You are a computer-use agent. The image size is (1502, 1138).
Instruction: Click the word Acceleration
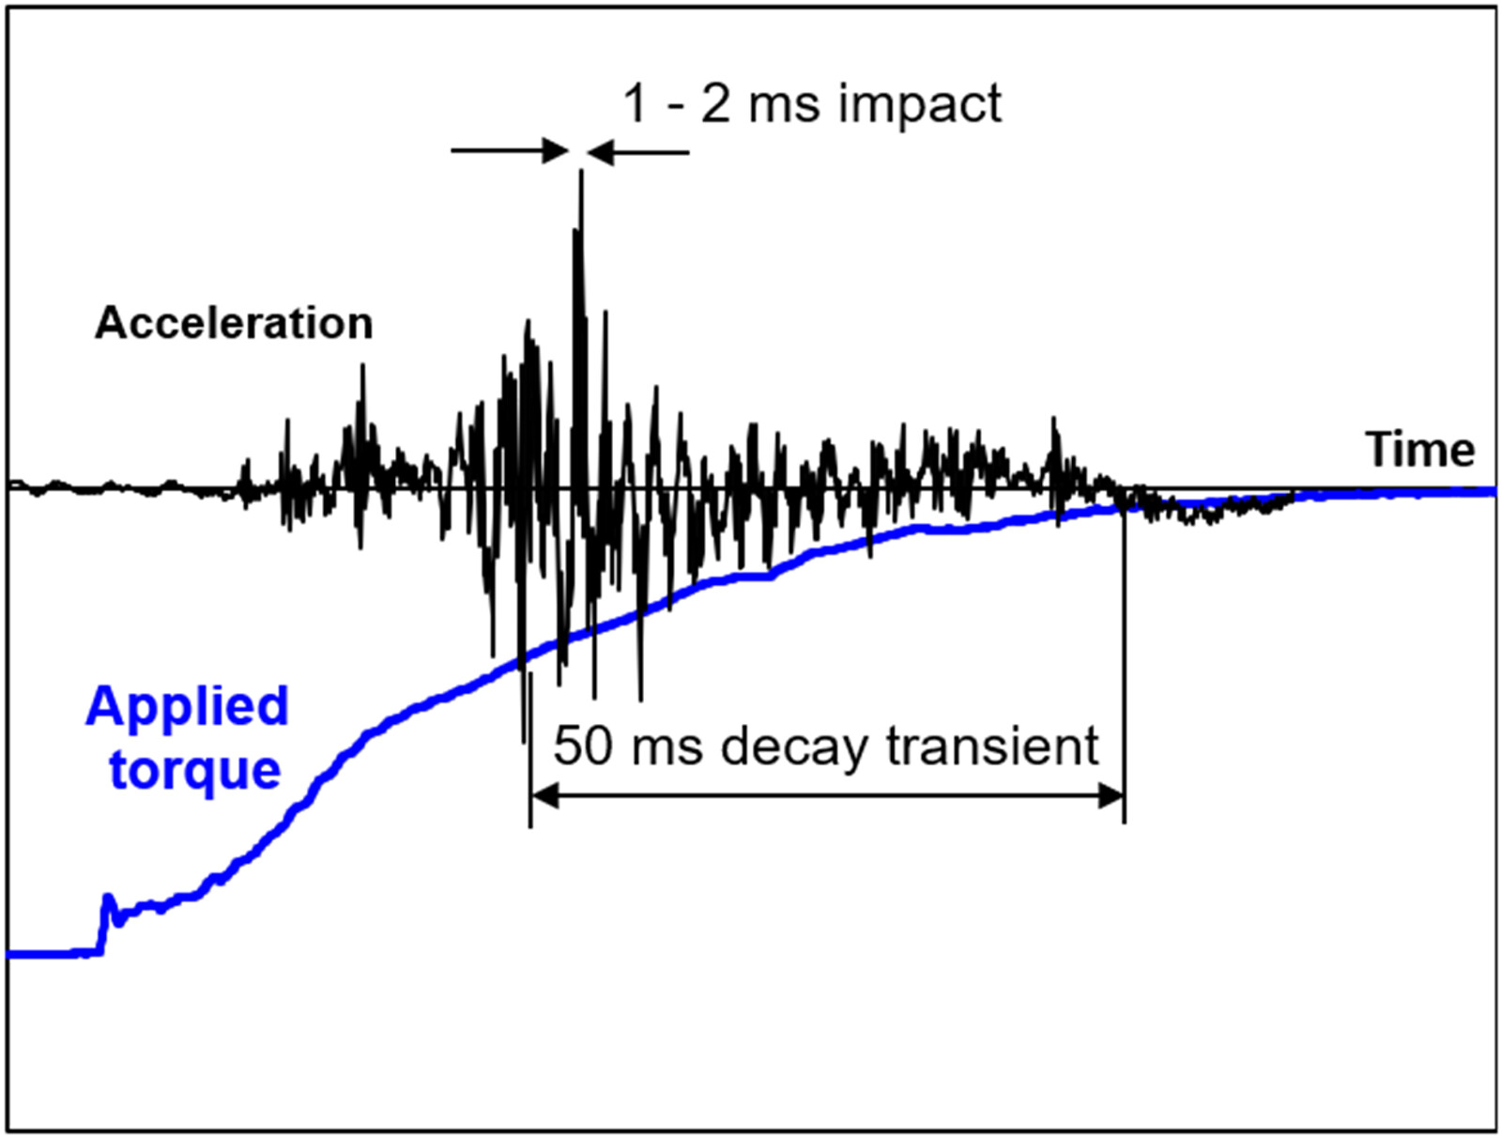click(x=234, y=323)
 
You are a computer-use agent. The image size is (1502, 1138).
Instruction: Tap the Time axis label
click(x=1419, y=450)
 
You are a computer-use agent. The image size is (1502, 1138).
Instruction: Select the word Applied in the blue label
click(x=187, y=707)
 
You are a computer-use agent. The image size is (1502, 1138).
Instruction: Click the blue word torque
click(x=195, y=770)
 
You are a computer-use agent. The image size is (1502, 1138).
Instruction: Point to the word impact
click(x=920, y=103)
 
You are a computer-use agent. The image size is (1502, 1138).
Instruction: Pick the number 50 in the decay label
click(x=582, y=746)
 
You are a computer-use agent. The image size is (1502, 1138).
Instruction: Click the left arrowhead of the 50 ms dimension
click(x=544, y=797)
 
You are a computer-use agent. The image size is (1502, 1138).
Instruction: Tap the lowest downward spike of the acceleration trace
click(x=523, y=737)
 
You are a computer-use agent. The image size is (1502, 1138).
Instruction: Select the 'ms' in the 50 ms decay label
click(x=667, y=746)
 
